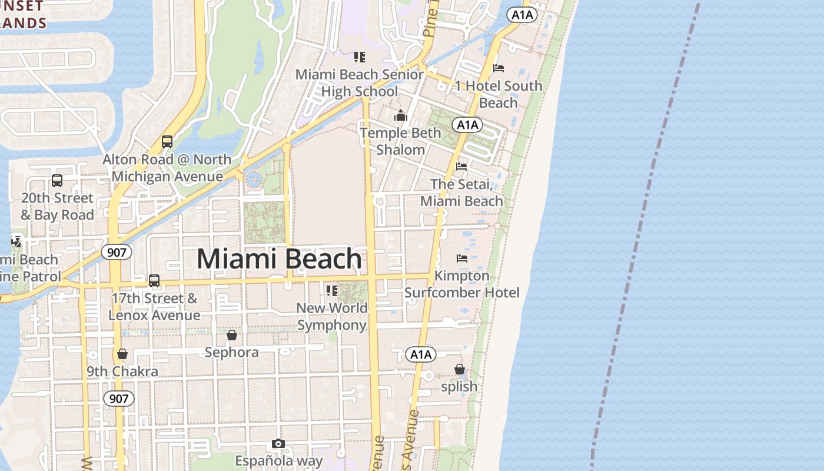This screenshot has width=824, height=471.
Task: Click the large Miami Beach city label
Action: coord(279,259)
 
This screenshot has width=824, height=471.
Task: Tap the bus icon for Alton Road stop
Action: coord(167,142)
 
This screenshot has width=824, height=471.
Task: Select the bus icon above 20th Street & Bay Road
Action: coord(57,181)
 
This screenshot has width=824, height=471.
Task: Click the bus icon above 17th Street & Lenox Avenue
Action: coord(154,281)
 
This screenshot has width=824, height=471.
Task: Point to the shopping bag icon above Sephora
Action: coord(232,335)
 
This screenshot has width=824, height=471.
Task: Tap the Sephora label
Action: coord(232,352)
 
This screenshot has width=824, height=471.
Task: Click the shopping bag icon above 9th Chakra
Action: coord(122,354)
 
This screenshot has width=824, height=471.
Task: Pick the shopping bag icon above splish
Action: coord(460,369)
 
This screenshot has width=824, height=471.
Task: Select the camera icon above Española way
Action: coord(278,443)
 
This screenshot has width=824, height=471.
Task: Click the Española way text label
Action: coord(279,460)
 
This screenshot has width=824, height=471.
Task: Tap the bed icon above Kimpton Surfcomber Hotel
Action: coord(462,258)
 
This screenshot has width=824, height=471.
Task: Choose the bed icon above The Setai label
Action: coord(461,167)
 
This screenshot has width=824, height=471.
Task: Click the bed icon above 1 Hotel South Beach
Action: coord(499,68)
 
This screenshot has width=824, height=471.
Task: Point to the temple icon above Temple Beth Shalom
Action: coord(401,115)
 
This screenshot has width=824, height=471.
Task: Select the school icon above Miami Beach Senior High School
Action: coord(360,57)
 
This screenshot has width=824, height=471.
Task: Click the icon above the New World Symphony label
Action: coord(332,290)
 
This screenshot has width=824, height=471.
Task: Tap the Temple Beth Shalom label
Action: coord(401,141)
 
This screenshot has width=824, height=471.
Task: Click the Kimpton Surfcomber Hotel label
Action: coord(462,284)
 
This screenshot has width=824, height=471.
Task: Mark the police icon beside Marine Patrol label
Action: coord(16,241)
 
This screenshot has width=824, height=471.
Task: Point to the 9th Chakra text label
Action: coord(122,372)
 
